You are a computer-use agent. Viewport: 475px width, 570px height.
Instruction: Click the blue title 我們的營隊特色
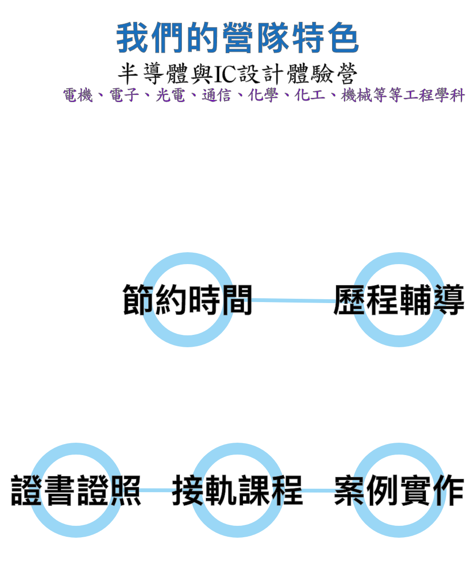click(237, 38)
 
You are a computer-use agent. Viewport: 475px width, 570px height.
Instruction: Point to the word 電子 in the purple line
click(124, 96)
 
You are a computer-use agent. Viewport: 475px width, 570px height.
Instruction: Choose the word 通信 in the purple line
click(217, 96)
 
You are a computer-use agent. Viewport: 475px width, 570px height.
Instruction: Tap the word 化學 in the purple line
click(263, 96)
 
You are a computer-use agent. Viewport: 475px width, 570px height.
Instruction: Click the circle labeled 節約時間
click(188, 300)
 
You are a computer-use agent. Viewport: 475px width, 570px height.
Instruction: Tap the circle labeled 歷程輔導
click(399, 300)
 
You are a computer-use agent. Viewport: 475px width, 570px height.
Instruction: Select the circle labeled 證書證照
click(76, 490)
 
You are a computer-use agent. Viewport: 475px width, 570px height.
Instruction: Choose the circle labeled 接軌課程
click(237, 490)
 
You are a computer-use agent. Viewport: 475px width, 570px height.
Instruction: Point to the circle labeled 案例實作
click(399, 490)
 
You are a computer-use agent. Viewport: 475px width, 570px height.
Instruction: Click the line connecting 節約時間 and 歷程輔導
click(293, 300)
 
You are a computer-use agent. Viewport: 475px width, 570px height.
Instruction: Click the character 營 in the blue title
click(237, 38)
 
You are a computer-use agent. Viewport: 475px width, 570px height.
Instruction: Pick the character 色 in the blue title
click(342, 38)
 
